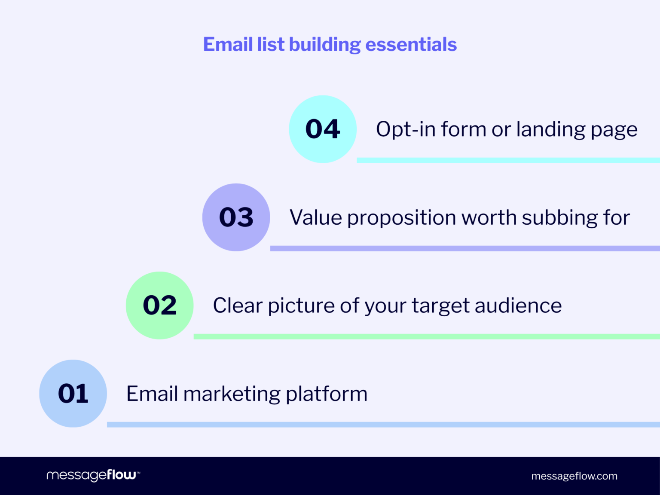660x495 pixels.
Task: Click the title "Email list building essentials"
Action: tap(330, 45)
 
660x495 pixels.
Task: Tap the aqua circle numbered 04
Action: tap(323, 129)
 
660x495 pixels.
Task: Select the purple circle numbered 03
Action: tap(236, 217)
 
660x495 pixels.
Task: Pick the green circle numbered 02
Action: tap(160, 306)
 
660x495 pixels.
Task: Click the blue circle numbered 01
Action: tap(73, 394)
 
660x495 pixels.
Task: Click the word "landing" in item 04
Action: tap(551, 130)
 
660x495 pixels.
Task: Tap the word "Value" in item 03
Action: tap(316, 217)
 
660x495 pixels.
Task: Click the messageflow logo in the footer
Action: tap(93, 476)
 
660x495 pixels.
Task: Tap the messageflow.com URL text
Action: tap(574, 476)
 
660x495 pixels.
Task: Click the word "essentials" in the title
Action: tap(411, 45)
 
